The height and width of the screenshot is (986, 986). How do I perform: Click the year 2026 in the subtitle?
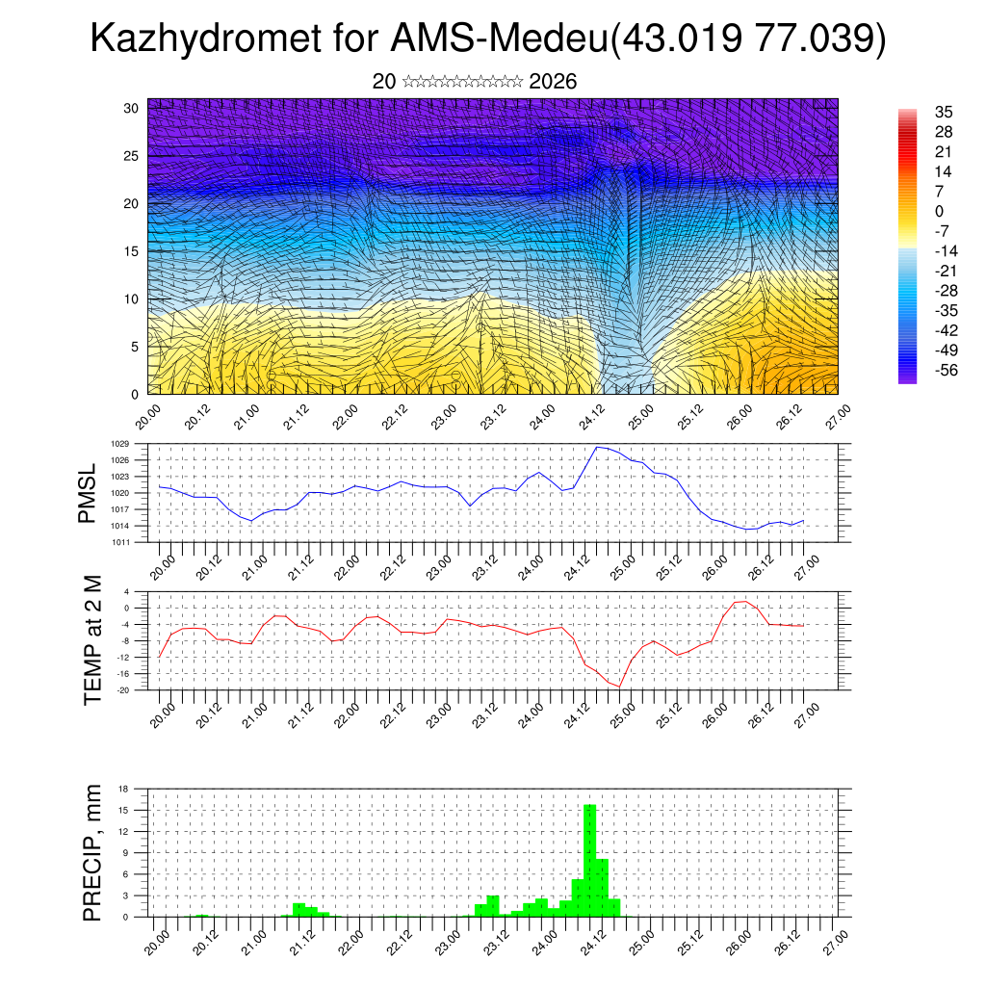pyautogui.click(x=553, y=82)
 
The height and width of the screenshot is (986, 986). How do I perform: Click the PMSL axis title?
pyautogui.click(x=88, y=493)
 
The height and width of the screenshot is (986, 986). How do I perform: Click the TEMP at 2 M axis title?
pyautogui.click(x=92, y=640)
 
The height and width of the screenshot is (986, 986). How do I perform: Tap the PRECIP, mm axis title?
pyautogui.click(x=92, y=852)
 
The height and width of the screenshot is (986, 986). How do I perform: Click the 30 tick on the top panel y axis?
pyautogui.click(x=132, y=108)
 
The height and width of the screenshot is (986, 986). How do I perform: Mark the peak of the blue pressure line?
pyautogui.click(x=597, y=447)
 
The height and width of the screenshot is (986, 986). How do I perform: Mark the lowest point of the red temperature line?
pyautogui.click(x=620, y=686)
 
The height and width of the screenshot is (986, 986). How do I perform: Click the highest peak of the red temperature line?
pyautogui.click(x=744, y=601)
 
